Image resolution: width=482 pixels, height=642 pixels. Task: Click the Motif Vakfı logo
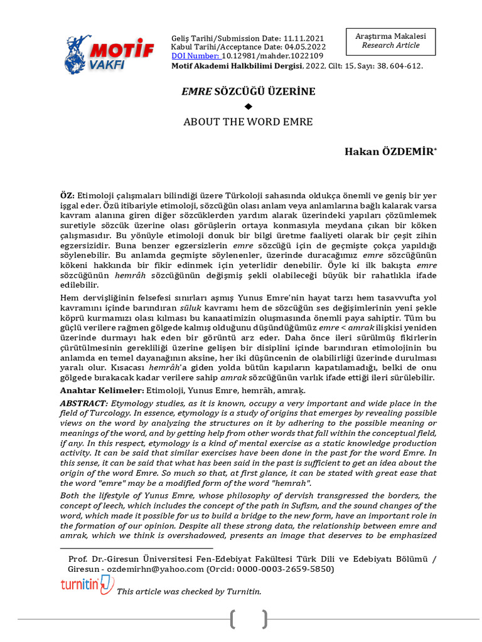coord(109,54)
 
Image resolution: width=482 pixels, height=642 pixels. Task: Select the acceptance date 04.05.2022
coord(304,47)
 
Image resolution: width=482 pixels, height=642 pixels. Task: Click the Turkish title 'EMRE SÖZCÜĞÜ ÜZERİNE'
coord(248,92)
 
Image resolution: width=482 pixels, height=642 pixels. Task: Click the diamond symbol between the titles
coord(248,107)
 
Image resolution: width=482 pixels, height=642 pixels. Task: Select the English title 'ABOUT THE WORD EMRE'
coord(248,122)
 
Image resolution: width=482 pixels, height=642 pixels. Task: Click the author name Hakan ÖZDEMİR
coord(389,152)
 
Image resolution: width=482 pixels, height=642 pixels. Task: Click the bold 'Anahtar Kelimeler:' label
coord(94,389)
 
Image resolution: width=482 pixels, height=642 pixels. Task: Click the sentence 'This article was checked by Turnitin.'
coord(189,591)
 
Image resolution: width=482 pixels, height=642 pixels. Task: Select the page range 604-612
coord(404,65)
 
